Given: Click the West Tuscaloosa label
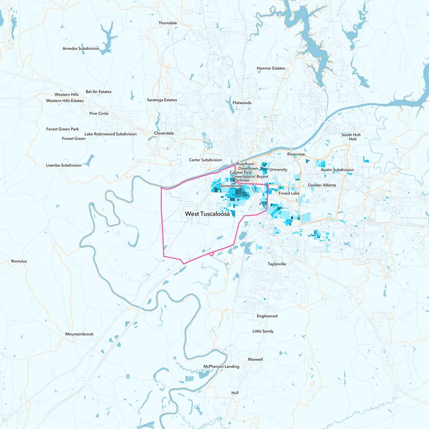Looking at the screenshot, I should click(208, 214).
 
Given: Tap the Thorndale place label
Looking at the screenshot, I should click(167, 23).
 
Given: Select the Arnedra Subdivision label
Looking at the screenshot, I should click(81, 48).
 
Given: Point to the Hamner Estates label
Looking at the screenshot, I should click(271, 68).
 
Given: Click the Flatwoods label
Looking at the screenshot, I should click(242, 102).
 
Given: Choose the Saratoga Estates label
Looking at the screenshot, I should click(162, 100).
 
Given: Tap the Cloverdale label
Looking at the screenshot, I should click(164, 133).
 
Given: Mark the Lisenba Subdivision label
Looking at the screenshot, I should click(64, 165).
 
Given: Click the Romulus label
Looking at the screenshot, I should click(19, 261).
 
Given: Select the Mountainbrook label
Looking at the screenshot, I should click(79, 334).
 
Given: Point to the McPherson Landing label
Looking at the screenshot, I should click(221, 366).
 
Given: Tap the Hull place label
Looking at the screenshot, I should click(235, 393).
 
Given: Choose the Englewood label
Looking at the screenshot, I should click(267, 316).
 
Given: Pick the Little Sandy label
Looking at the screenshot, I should click(263, 331).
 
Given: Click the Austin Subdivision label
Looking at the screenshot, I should click(337, 169).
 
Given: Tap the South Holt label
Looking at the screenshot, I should click(351, 135).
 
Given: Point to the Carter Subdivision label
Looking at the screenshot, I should click(205, 160).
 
